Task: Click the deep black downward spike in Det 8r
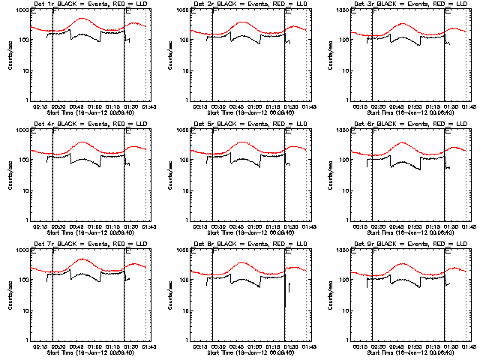285,296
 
